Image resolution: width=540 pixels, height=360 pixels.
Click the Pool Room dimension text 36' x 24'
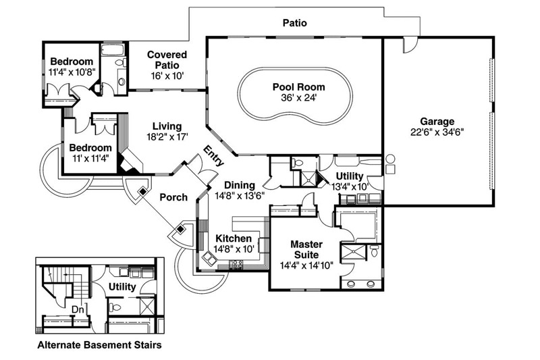(x=298, y=98)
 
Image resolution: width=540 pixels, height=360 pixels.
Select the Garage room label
(x=437, y=121)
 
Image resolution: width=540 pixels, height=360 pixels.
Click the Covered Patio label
(x=167, y=59)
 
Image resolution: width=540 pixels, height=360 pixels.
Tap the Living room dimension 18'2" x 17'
(x=167, y=137)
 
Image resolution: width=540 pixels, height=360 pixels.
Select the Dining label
(x=240, y=184)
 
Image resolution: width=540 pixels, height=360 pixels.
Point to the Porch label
(x=173, y=197)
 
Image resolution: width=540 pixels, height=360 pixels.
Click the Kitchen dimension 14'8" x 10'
(x=234, y=249)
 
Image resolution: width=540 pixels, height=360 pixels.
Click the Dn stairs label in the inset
(x=78, y=310)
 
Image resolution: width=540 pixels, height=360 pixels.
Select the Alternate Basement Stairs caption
(x=99, y=345)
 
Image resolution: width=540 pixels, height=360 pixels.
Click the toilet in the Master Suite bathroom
(x=375, y=253)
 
